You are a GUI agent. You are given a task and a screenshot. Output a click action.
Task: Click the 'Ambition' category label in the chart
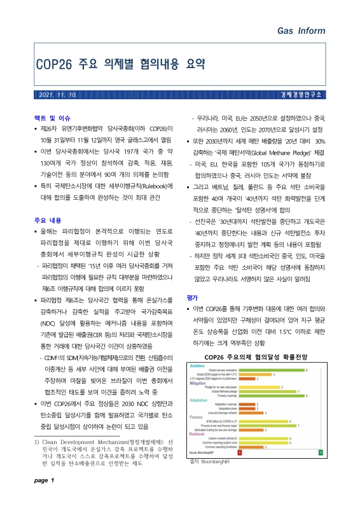(x=197, y=347)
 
